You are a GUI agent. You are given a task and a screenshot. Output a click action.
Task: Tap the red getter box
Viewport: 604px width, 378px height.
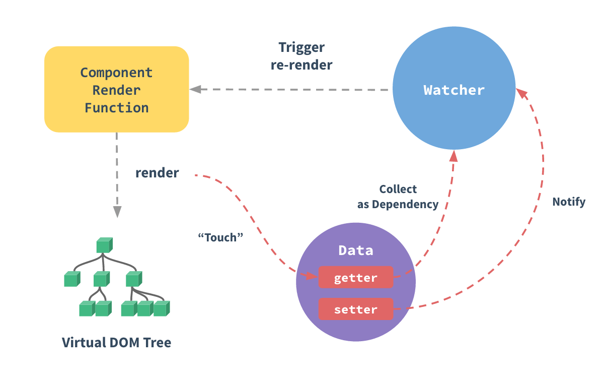coord(355,277)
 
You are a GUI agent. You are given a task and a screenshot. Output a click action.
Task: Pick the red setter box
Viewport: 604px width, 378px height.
coord(355,309)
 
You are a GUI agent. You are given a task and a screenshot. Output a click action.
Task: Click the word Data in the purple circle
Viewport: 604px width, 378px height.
coord(355,250)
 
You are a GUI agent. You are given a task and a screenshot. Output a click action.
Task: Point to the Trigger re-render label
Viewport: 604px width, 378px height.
coord(301,56)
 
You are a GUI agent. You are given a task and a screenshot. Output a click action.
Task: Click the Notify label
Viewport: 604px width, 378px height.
coord(569,202)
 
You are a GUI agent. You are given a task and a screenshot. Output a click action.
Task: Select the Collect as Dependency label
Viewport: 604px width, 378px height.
coord(398,197)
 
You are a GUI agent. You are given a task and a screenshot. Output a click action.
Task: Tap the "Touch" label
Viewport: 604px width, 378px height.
coord(218,237)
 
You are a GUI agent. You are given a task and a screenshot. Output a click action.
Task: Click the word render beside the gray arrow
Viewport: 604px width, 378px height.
coord(157,173)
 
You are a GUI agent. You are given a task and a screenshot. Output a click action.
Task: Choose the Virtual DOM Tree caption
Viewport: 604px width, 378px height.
coord(116,343)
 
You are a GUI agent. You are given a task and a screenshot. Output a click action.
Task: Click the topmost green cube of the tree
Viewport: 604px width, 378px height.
coord(104,245)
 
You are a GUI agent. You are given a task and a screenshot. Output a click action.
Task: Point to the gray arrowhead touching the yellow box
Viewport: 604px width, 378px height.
coord(195,90)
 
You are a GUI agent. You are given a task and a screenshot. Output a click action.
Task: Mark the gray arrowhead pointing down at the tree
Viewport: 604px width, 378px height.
coord(117,212)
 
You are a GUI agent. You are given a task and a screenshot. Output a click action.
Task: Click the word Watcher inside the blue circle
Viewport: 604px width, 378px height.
coord(454,90)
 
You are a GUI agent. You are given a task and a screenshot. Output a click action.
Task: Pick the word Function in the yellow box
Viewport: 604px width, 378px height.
coord(116,107)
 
